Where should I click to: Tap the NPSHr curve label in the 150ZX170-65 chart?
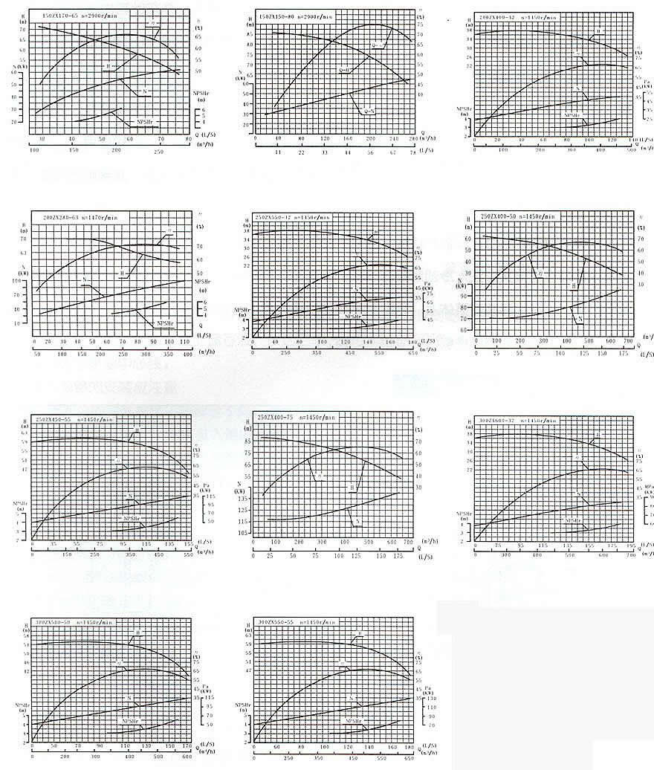tap(145, 122)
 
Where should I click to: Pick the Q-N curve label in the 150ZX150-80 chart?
tap(368, 111)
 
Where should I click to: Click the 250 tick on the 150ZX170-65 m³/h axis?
tap(158, 151)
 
